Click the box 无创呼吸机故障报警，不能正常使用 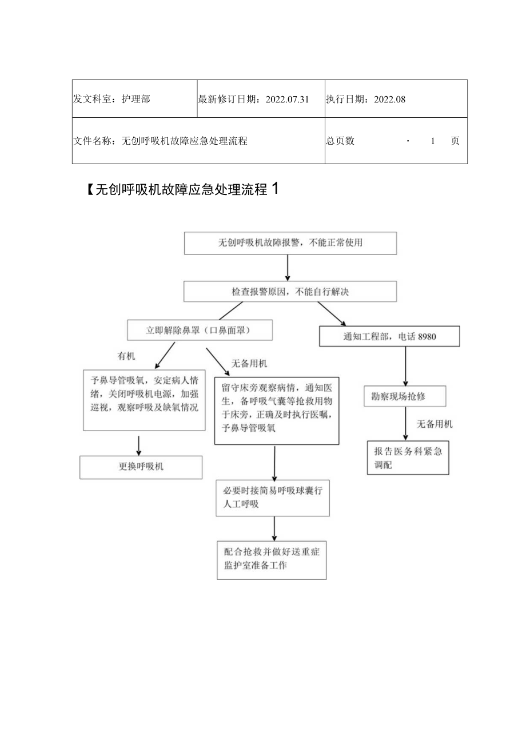pyautogui.click(x=290, y=243)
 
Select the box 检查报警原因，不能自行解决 pyautogui.click(x=290, y=292)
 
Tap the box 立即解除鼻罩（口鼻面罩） pyautogui.click(x=199, y=330)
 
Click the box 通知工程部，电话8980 pyautogui.click(x=389, y=336)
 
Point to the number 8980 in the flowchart pyautogui.click(x=427, y=336)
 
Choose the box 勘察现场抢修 pyautogui.click(x=404, y=396)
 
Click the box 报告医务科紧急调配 pyautogui.click(x=408, y=457)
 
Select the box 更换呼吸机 pyautogui.click(x=141, y=467)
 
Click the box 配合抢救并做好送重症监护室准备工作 pyautogui.click(x=272, y=559)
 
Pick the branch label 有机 pyautogui.click(x=126, y=356)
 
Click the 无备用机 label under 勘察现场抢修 pyautogui.click(x=435, y=424)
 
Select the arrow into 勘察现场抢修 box pyautogui.click(x=405, y=366)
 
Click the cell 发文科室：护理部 pyautogui.click(x=134, y=99)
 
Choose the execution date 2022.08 pyautogui.click(x=389, y=99)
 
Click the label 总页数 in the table pyautogui.click(x=340, y=141)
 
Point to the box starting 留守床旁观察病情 pyautogui.click(x=277, y=410)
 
